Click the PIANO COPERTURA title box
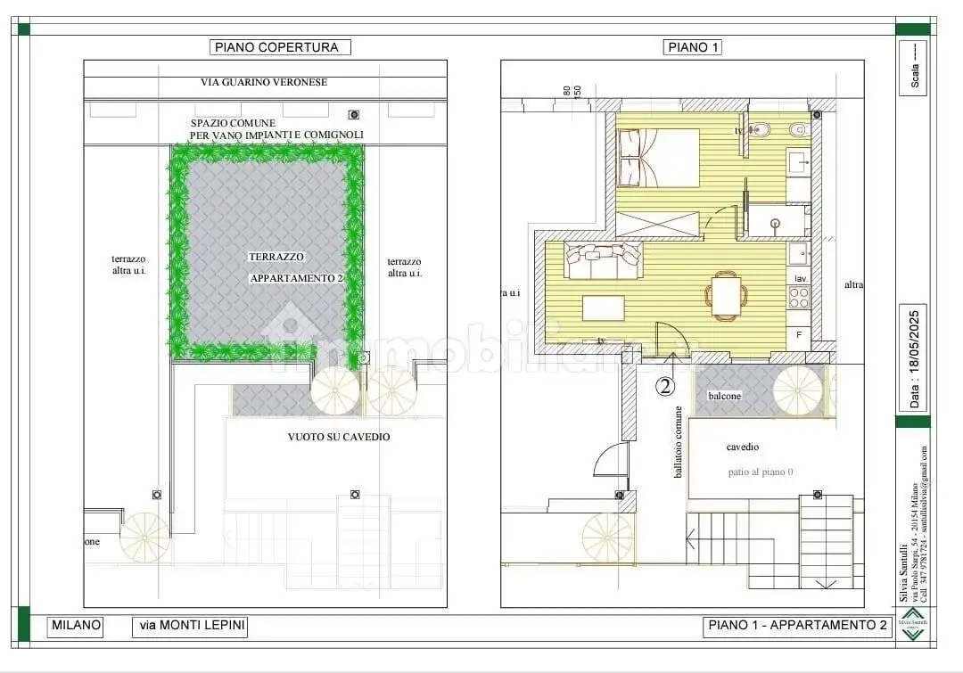[x=280, y=47]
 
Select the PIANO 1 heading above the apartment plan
[x=692, y=47]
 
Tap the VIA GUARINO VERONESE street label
[x=264, y=82]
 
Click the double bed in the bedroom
[x=658, y=158]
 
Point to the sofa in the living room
[x=603, y=261]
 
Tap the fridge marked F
[x=799, y=335]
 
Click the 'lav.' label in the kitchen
[x=800, y=280]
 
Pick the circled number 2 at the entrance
[x=665, y=386]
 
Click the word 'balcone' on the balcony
[x=725, y=395]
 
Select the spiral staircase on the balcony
[x=799, y=390]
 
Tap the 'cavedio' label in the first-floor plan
[x=743, y=447]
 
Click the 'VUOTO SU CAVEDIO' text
[x=338, y=437]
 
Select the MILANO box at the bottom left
[x=76, y=627]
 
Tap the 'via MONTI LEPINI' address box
[x=190, y=627]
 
